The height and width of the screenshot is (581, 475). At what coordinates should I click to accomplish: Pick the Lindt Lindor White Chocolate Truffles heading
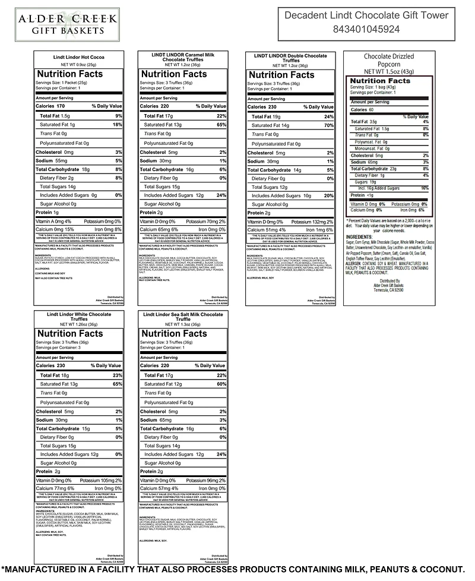tap(78, 316)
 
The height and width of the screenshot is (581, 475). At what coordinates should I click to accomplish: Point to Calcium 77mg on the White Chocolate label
tap(53, 488)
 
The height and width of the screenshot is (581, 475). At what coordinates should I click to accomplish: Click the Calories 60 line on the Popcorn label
tap(363, 110)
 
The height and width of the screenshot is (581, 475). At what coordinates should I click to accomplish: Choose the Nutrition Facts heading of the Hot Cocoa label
tap(69, 74)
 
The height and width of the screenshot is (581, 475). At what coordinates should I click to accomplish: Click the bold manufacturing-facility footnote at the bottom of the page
tap(237, 569)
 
